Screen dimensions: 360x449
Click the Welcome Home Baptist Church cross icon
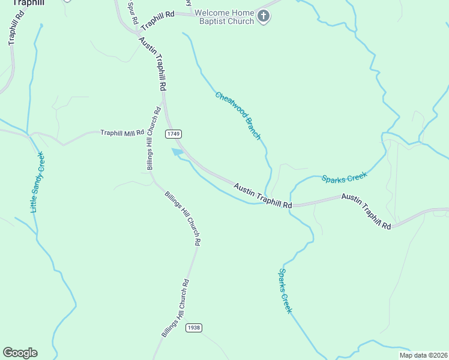pyautogui.click(x=264, y=17)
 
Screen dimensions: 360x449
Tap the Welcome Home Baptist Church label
pyautogui.click(x=223, y=17)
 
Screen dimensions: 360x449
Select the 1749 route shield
pyautogui.click(x=174, y=133)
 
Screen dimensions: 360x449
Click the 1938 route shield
pyautogui.click(x=193, y=328)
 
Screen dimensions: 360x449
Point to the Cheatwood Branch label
pyautogui.click(x=238, y=116)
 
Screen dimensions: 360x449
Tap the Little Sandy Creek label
pyautogui.click(x=37, y=182)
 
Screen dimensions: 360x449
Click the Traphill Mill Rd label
pyautogui.click(x=122, y=133)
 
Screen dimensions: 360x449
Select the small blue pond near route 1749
pyautogui.click(x=178, y=152)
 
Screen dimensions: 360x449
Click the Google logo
pyautogui.click(x=20, y=353)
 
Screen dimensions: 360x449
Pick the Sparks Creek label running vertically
pyautogui.click(x=285, y=290)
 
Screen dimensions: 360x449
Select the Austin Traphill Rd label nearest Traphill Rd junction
pyautogui.click(x=152, y=64)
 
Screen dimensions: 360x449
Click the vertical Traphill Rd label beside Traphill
pyautogui.click(x=13, y=28)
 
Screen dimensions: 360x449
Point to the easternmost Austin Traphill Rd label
pyautogui.click(x=366, y=212)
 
